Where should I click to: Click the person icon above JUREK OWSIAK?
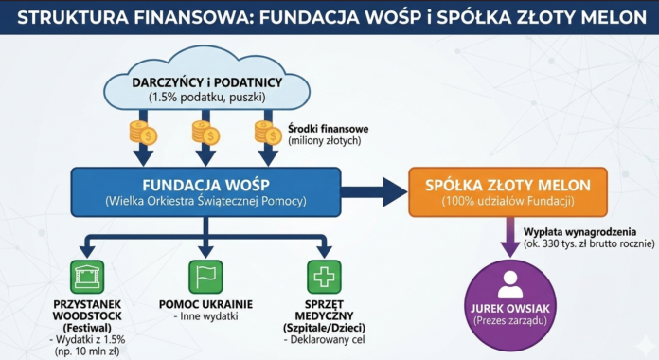click(508, 281)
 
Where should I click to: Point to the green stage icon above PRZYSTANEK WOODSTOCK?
click(86, 278)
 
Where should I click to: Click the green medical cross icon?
click(326, 278)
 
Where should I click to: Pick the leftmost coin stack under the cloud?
click(145, 134)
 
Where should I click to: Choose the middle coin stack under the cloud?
click(205, 134)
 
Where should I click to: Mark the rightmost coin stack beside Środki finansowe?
click(264, 134)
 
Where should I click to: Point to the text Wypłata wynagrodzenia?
click(578, 230)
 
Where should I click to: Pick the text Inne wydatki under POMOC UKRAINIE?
click(205, 315)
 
